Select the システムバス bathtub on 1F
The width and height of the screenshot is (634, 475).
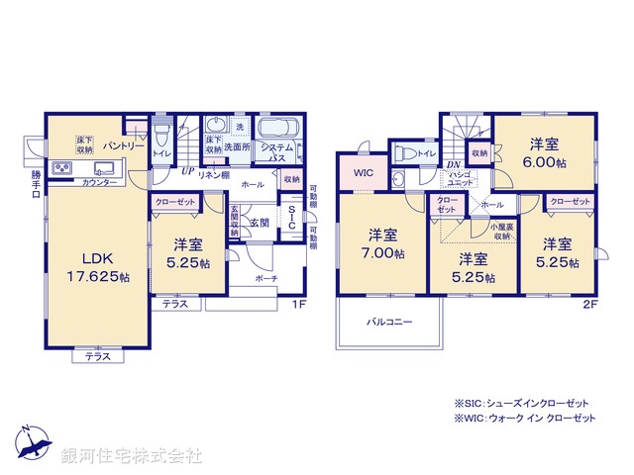point(280,131)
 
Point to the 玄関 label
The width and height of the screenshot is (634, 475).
point(260,222)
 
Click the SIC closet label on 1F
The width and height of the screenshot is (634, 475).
point(292,218)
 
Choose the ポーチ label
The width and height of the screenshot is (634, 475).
point(264,279)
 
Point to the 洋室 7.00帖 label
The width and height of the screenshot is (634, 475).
point(384,243)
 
